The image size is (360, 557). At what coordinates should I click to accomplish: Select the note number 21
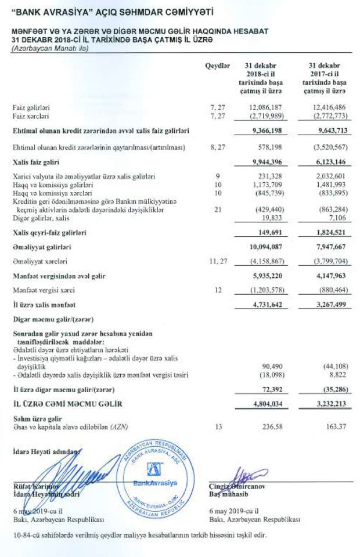click(218, 210)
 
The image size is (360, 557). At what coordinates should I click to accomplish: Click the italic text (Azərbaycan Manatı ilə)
click(49, 47)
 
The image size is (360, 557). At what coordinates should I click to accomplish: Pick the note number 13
click(218, 427)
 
